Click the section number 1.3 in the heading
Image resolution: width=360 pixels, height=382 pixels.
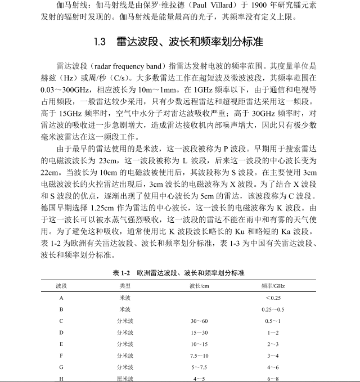click(x=100, y=42)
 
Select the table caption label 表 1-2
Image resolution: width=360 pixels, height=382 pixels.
click(x=121, y=273)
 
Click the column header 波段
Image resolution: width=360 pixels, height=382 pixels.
click(x=61, y=286)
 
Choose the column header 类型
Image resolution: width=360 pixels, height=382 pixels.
click(x=125, y=286)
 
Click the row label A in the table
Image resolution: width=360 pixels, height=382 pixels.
click(x=61, y=298)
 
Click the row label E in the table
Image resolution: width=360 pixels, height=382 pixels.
click(x=61, y=344)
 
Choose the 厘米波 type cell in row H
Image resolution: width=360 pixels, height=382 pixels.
click(x=125, y=379)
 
